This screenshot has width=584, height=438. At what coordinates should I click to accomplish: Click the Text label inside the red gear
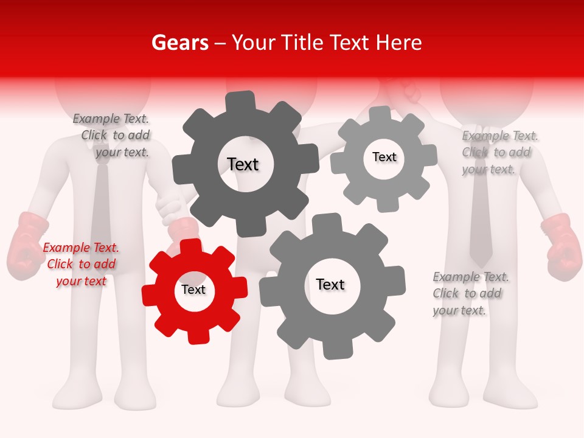coord(193,290)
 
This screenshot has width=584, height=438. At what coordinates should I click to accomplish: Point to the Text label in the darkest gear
coord(243,164)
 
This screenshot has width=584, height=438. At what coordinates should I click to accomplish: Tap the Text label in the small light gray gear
coord(384,157)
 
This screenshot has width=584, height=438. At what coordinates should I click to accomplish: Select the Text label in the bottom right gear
coord(330,284)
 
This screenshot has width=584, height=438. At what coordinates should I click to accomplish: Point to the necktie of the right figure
coord(481,225)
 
